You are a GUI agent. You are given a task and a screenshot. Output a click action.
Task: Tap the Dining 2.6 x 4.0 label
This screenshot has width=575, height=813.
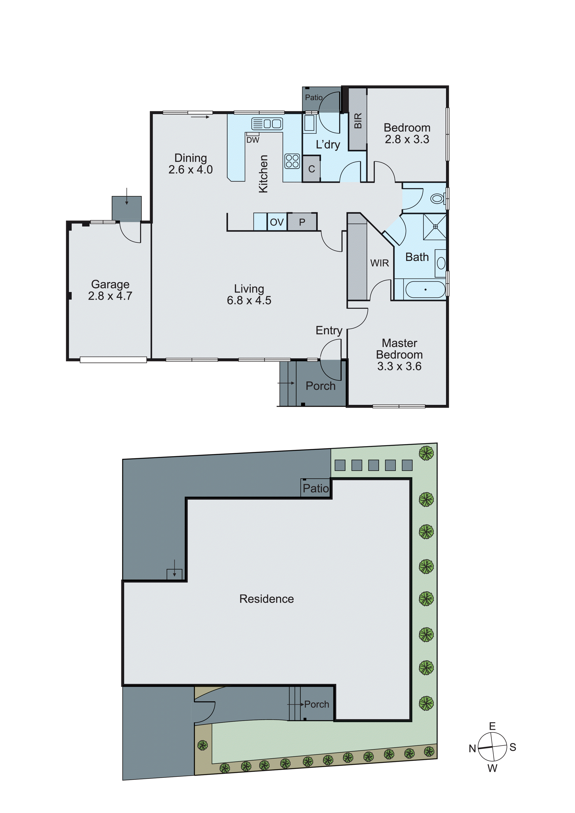point(191,164)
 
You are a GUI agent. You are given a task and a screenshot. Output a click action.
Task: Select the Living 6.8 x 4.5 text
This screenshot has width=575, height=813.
point(249,295)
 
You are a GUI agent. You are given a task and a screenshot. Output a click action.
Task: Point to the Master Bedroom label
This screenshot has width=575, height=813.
point(399,354)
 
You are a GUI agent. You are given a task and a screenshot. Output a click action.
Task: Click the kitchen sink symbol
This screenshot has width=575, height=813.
point(267,124)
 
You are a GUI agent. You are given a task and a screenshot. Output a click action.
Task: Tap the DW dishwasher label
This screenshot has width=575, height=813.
point(253,140)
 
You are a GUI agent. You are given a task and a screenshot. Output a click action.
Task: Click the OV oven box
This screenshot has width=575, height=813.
point(277,222)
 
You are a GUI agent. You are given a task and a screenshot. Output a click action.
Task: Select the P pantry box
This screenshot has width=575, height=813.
point(302,222)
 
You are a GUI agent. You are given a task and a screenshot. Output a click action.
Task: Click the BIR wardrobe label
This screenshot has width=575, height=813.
point(358,120)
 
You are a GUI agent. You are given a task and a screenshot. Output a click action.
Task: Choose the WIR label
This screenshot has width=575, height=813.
point(379,263)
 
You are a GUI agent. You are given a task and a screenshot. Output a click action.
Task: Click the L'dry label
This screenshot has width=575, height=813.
point(328,144)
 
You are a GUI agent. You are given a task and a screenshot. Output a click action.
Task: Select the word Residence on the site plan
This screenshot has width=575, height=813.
point(267,599)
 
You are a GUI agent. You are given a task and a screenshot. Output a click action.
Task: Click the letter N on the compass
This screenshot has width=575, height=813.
point(472,749)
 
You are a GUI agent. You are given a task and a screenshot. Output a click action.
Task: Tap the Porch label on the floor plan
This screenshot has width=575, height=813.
point(320,386)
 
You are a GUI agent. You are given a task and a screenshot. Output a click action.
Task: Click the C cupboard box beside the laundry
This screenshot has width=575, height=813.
point(312,169)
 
